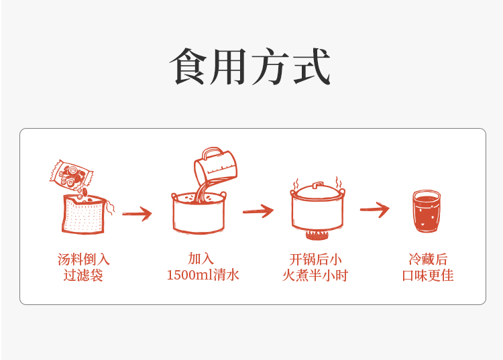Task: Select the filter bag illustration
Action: pyautogui.click(x=85, y=215)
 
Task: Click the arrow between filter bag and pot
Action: pyautogui.click(x=137, y=214)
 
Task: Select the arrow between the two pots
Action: pyautogui.click(x=258, y=211)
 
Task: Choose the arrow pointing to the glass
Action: pyautogui.click(x=374, y=210)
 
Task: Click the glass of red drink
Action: pyautogui.click(x=426, y=212)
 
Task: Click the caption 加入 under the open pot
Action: pyautogui.click(x=201, y=259)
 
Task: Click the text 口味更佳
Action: pyautogui.click(x=428, y=276)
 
